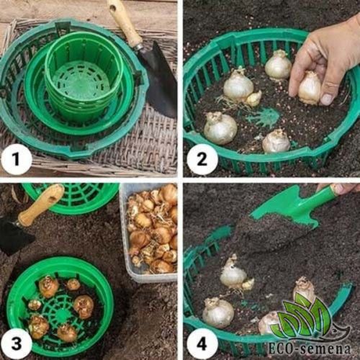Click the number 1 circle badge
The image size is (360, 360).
[16, 159]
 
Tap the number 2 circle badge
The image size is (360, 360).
[202, 159]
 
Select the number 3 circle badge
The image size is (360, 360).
[16, 343]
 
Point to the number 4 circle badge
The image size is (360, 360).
[202, 343]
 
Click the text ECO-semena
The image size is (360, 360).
[310, 348]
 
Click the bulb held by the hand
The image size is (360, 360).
[310, 88]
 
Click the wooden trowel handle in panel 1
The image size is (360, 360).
[124, 24]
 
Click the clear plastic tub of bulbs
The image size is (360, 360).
[150, 232]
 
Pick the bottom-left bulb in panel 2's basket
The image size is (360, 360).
[220, 128]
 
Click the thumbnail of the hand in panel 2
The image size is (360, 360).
[328, 99]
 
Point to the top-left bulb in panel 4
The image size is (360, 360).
[235, 274]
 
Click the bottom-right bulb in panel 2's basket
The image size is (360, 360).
[276, 141]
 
